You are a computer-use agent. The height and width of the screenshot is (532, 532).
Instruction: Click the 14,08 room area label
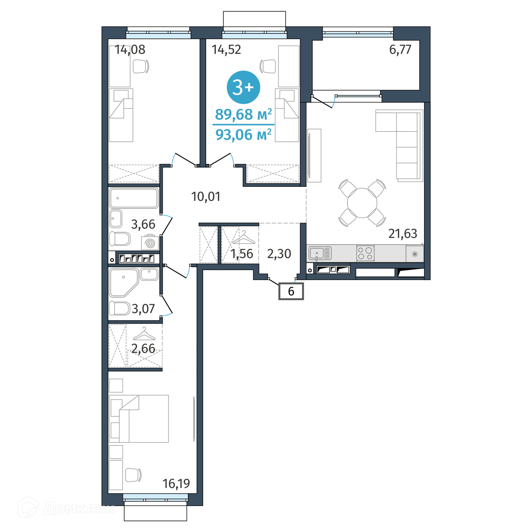[130, 50]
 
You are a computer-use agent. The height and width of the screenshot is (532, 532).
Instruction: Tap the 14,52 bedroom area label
[226, 50]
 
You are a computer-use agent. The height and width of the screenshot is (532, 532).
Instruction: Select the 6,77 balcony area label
[400, 50]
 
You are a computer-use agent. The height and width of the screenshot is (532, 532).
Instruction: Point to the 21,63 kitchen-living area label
[403, 234]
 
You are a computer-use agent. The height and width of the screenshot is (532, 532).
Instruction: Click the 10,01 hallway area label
[206, 197]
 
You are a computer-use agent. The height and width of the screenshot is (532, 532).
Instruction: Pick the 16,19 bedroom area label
[176, 484]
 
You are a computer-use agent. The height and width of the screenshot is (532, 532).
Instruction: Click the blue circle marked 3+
[243, 87]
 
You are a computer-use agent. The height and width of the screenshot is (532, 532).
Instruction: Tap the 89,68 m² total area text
[244, 114]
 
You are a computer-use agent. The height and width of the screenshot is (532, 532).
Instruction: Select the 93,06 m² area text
[244, 135]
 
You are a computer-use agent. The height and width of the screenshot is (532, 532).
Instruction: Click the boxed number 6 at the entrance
[291, 291]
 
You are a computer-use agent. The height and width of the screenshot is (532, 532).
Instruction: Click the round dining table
[362, 203]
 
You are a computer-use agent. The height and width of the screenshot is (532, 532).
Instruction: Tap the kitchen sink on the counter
[320, 253]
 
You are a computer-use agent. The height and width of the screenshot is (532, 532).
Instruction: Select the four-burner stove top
[365, 253]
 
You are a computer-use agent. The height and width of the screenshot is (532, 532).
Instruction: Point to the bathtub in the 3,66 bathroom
[134, 198]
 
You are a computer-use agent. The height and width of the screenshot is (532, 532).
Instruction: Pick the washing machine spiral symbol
[150, 244]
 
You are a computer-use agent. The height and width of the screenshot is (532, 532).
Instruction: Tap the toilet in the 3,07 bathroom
[120, 308]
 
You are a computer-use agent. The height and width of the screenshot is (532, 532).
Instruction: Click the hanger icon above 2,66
[144, 334]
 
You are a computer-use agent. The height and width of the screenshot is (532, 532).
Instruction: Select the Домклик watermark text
[79, 509]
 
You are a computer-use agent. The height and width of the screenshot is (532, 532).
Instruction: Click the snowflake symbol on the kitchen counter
[415, 254]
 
